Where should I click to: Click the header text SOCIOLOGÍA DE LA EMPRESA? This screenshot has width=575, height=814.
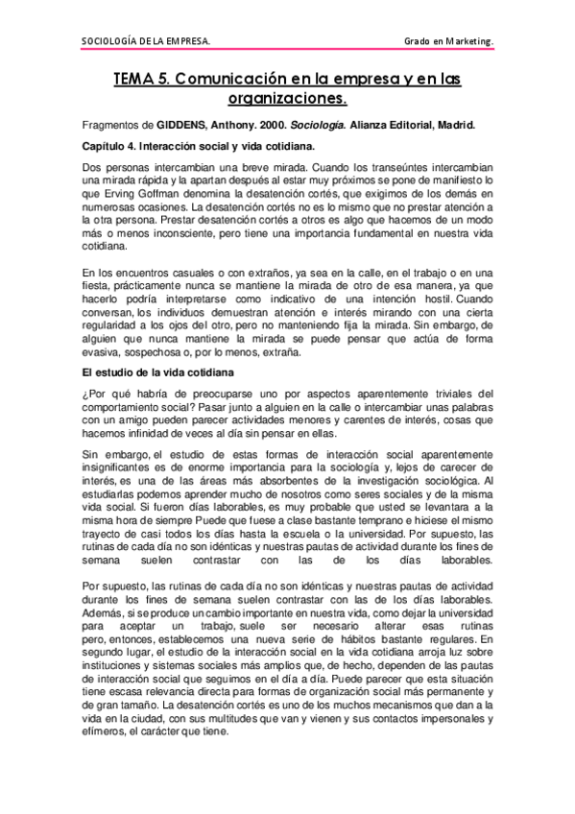pos(146,42)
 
